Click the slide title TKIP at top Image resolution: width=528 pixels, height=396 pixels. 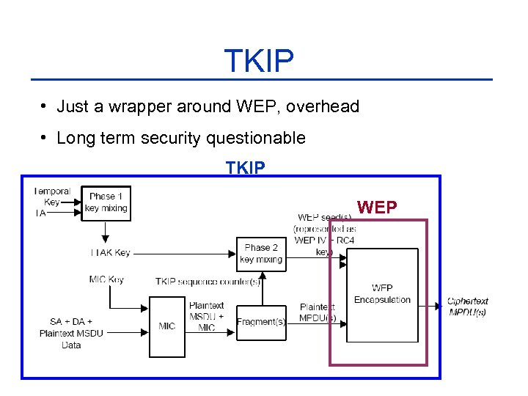[259, 62]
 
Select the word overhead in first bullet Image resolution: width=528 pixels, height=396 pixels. [323, 106]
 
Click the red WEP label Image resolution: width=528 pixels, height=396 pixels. [377, 208]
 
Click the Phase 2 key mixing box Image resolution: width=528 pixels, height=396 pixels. [261, 254]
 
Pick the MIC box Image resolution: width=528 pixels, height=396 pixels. [167, 326]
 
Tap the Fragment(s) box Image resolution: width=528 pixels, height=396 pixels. [261, 322]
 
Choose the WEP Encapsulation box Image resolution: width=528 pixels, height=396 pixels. [382, 295]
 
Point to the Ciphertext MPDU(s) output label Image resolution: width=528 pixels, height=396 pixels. [467, 307]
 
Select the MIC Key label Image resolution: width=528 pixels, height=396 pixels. [106, 279]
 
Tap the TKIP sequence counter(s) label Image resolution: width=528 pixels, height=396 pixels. [208, 282]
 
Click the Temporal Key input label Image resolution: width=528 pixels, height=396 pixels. [52, 197]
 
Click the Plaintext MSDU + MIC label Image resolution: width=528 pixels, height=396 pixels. [206, 316]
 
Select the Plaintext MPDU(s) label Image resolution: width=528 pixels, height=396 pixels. [318, 312]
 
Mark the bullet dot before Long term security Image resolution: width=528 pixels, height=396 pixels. [45, 138]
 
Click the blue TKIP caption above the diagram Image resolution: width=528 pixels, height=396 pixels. [246, 169]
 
